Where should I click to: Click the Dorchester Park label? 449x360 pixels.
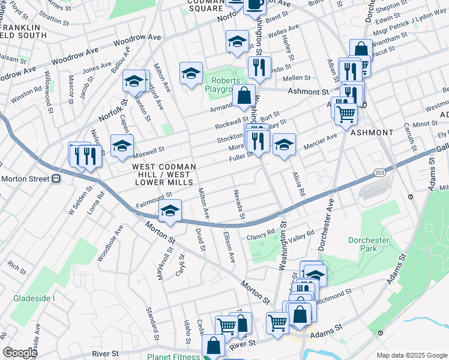(x=369, y=245)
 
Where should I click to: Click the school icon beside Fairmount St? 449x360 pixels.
(x=170, y=211)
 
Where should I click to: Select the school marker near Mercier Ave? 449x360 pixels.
(x=285, y=145)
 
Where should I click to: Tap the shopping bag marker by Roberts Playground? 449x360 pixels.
(x=244, y=95)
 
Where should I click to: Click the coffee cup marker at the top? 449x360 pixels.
(x=255, y=4)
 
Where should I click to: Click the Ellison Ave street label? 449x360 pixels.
(x=229, y=247)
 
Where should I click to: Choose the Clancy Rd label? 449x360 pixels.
(x=261, y=233)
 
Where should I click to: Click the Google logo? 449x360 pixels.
(x=20, y=353)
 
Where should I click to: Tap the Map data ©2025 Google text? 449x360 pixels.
(x=411, y=355)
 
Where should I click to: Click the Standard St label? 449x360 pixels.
(x=150, y=322)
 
